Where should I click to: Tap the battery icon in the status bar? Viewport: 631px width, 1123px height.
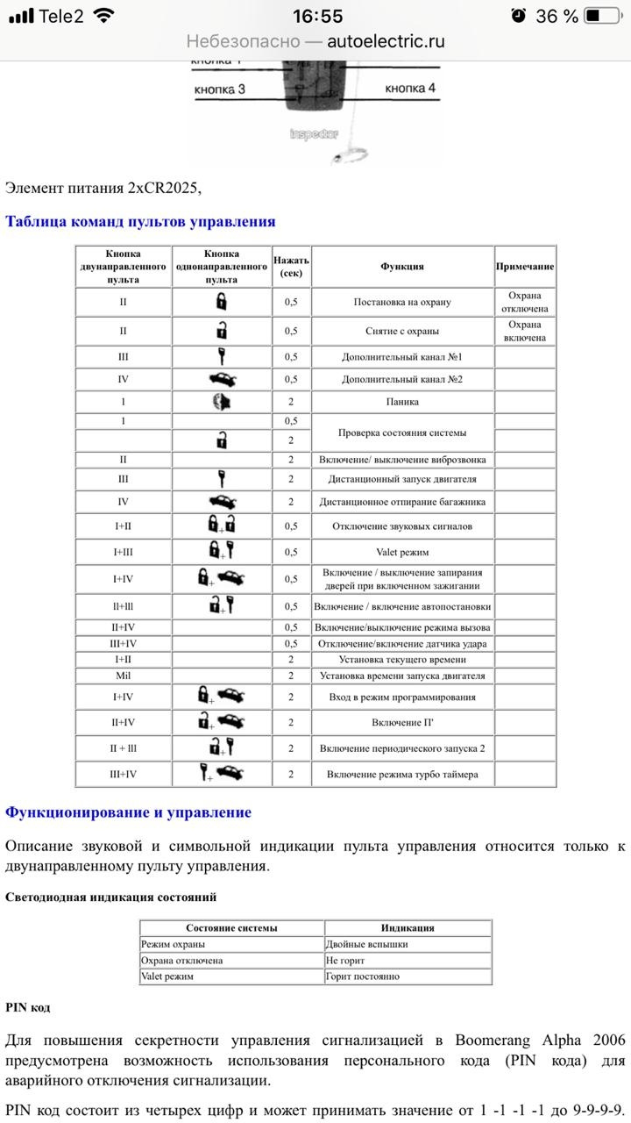tap(602, 16)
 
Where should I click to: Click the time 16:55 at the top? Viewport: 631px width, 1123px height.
tap(317, 16)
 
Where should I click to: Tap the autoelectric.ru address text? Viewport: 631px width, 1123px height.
tap(386, 41)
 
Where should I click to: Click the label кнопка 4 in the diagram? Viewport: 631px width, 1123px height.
tap(410, 88)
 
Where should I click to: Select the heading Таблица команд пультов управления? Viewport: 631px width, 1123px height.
tap(140, 221)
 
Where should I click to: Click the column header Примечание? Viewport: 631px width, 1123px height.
tap(525, 266)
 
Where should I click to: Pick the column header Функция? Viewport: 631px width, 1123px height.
tap(402, 266)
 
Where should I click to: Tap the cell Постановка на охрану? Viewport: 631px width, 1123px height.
tap(402, 302)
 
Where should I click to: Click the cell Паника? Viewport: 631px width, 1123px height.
tap(402, 402)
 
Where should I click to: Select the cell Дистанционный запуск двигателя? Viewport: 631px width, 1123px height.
tap(402, 479)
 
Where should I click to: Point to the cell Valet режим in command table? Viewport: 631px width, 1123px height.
tap(402, 552)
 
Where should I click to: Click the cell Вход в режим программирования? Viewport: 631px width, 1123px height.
tap(402, 697)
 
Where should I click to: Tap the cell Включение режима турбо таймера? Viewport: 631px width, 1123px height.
tap(402, 775)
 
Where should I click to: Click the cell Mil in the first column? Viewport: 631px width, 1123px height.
tap(124, 676)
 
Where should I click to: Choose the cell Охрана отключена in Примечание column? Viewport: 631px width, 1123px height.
tap(525, 302)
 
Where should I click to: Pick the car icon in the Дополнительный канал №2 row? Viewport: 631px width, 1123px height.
tap(222, 379)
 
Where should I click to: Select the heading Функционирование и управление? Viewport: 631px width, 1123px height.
tap(128, 812)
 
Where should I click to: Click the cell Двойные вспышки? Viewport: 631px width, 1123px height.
tap(366, 944)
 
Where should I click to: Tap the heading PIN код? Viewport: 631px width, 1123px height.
tap(27, 1007)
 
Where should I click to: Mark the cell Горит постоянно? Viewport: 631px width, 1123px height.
tap(362, 976)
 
